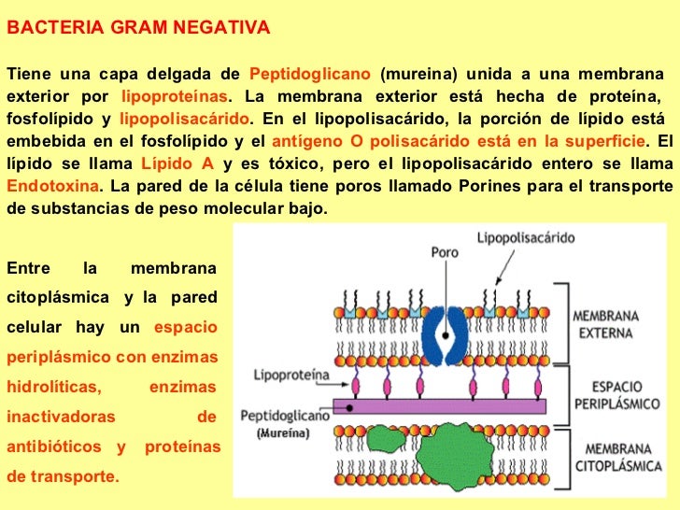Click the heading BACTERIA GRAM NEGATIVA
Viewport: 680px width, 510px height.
pos(137,27)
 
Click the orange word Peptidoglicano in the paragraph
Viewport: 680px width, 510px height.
pos(311,75)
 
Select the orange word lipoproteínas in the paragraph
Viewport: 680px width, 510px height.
pos(175,97)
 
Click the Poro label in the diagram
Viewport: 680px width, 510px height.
pos(444,251)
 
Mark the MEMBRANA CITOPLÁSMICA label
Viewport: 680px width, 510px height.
pos(607,461)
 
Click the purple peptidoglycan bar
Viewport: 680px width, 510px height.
pos(448,405)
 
